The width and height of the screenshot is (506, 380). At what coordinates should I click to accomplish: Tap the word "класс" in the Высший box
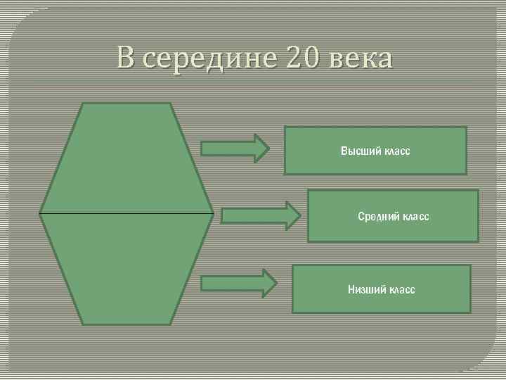[x=396, y=151]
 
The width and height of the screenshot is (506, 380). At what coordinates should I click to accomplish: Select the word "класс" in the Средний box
[x=415, y=217]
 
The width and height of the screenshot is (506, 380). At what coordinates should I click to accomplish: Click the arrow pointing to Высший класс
[x=235, y=148]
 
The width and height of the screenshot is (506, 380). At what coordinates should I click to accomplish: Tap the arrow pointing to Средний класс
[x=259, y=215]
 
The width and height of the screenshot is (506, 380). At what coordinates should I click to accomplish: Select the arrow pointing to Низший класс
[x=238, y=284]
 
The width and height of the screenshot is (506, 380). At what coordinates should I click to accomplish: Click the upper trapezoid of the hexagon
[x=126, y=158]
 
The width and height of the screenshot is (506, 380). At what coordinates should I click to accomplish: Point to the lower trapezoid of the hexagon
[x=126, y=267]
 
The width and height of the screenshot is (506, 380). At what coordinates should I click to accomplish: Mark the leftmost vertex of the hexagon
[x=40, y=213]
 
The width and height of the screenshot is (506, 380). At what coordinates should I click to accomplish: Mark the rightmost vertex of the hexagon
[x=213, y=213]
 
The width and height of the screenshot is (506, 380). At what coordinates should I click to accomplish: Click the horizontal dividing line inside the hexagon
[x=126, y=213]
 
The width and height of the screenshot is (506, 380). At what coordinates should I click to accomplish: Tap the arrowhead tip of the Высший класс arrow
[x=268, y=148]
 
